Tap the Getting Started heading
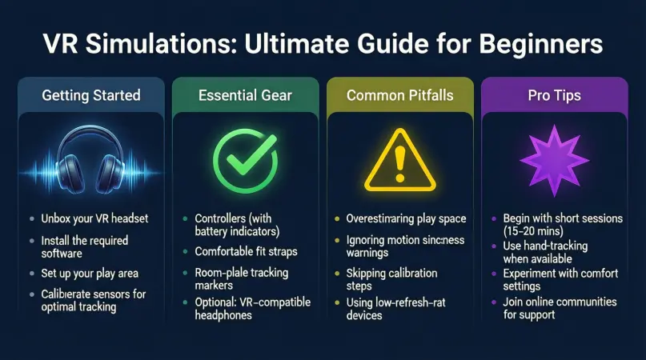tap(90, 95)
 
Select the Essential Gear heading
tap(245, 95)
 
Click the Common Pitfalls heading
tap(400, 95)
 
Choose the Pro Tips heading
tap(554, 95)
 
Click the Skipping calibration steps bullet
tap(391, 279)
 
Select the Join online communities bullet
tap(560, 308)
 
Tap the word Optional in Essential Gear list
tap(216, 302)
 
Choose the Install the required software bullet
tap(84, 246)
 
